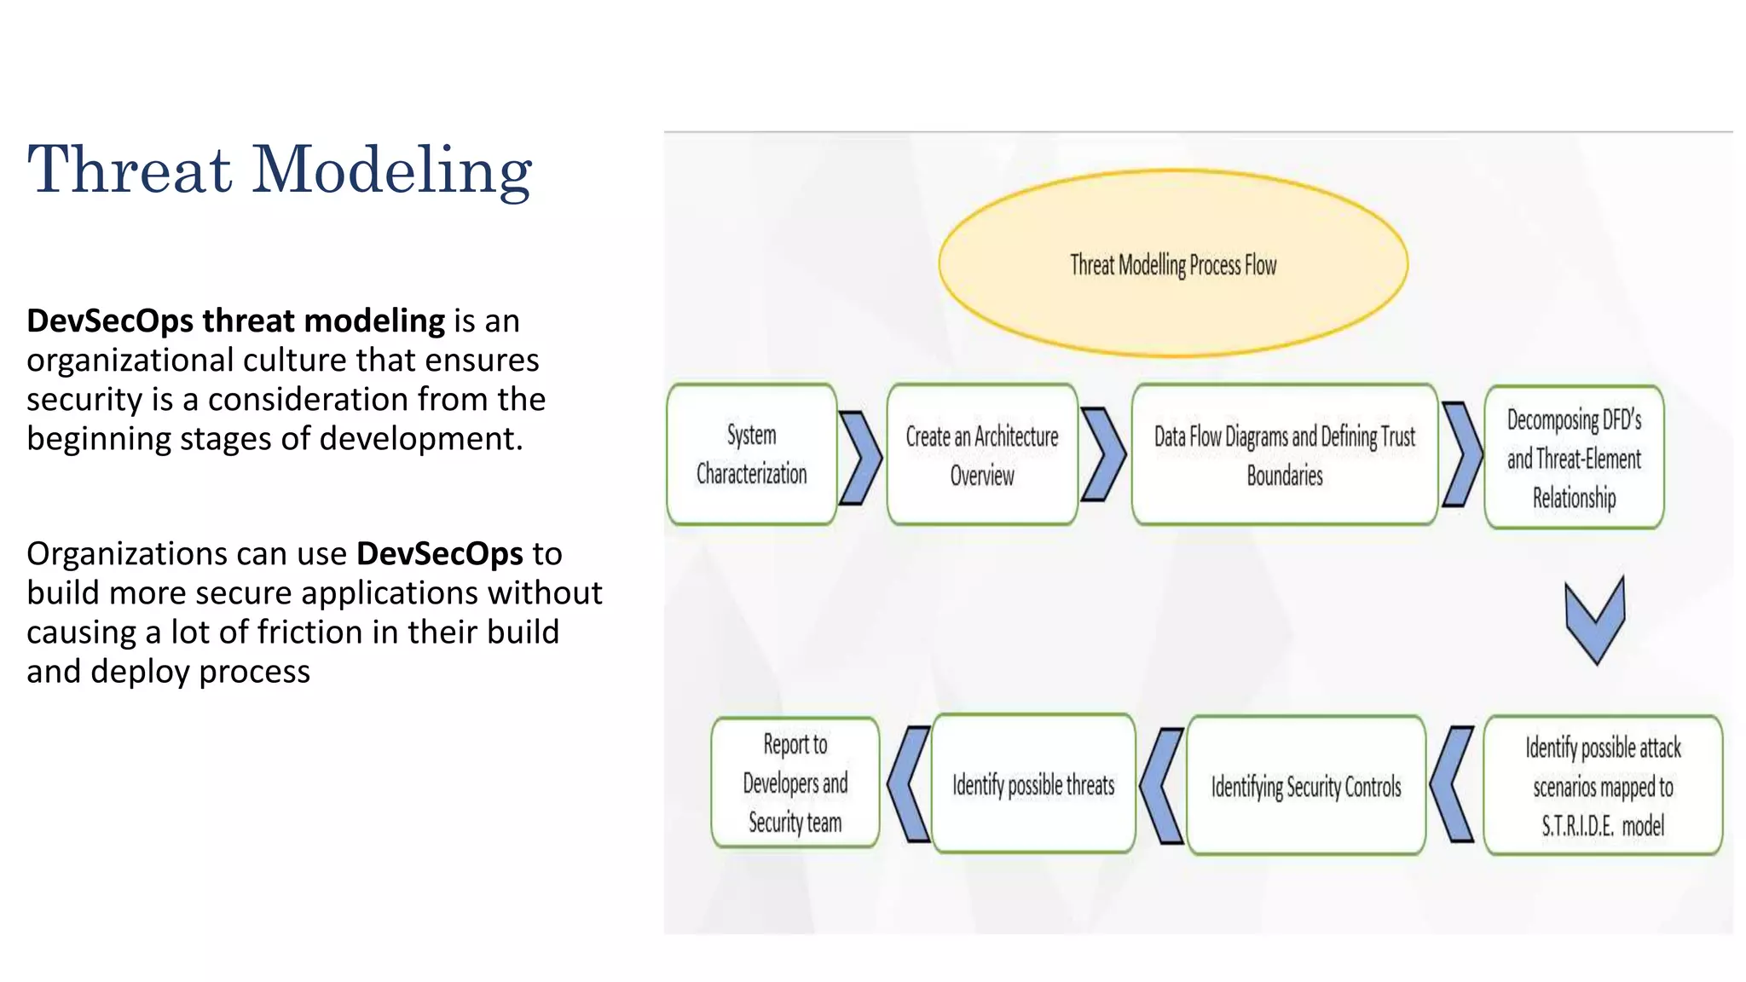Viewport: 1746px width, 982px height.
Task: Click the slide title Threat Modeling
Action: coord(280,170)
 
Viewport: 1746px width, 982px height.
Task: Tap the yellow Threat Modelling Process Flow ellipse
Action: coord(1173,263)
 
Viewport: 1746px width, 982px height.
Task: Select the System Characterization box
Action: coord(751,454)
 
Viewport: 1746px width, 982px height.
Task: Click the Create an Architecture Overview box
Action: coord(982,455)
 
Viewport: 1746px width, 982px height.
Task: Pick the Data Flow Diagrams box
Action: coord(1284,455)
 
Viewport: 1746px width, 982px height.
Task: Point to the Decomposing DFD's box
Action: coord(1574,458)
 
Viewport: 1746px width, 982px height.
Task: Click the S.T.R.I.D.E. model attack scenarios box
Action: coord(1603,786)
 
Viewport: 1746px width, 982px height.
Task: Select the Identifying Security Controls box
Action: coord(1305,786)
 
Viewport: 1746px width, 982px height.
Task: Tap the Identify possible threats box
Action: coord(1033,784)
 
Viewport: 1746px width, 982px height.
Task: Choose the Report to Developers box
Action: coord(795,783)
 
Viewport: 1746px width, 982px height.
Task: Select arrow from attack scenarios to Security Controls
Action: coord(1451,784)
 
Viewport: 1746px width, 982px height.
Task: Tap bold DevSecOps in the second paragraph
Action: coord(439,554)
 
